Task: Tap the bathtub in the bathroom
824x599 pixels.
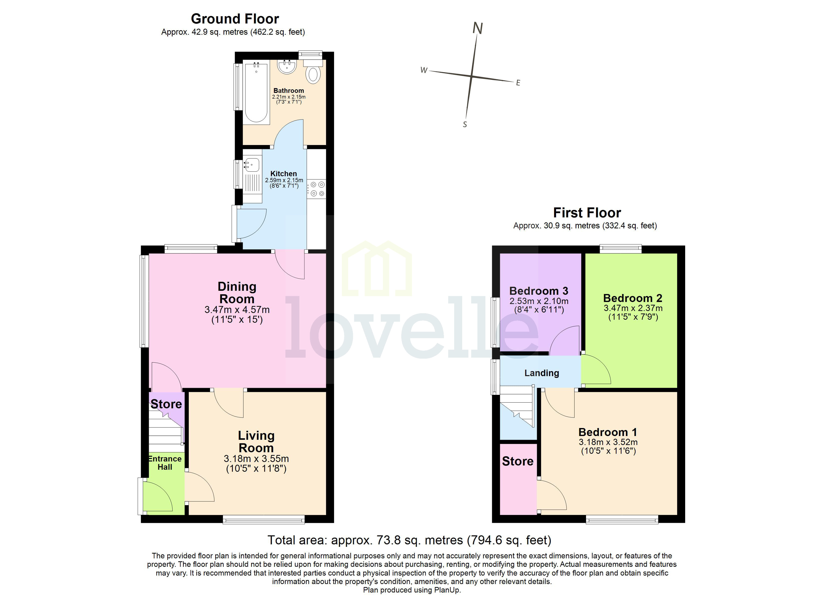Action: [256, 93]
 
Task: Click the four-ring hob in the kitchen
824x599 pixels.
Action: [317, 189]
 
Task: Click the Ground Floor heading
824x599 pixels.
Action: [235, 19]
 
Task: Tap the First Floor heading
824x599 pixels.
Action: [587, 212]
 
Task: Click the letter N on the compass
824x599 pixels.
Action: [477, 28]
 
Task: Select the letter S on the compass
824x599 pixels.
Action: [465, 125]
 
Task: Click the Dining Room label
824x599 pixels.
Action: [237, 293]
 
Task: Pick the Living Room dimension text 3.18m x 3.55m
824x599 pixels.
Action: [256, 459]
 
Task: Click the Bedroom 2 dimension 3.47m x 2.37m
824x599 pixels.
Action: [633, 308]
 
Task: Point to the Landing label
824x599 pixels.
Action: [541, 373]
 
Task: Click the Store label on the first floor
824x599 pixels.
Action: [518, 461]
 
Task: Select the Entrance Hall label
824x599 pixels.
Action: [165, 463]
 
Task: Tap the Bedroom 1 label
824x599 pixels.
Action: [608, 432]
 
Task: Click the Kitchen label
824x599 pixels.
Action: [283, 174]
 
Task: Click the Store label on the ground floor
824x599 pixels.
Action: [166, 404]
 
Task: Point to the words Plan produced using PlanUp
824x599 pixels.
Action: [412, 590]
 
